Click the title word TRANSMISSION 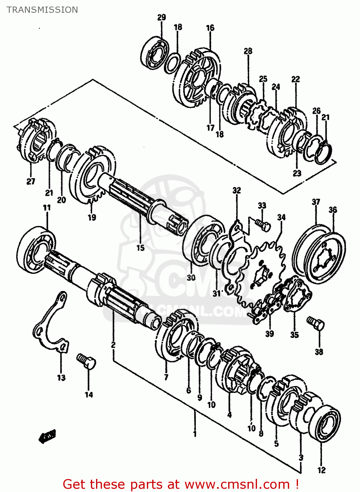pos(42,10)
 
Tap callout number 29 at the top pos(162,17)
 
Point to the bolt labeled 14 pos(86,361)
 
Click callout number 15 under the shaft pos(140,248)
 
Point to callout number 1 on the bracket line pos(195,434)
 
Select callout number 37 pos(316,202)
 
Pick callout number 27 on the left pos(30,181)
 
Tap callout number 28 pos(248,51)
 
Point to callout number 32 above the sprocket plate pos(236,190)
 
